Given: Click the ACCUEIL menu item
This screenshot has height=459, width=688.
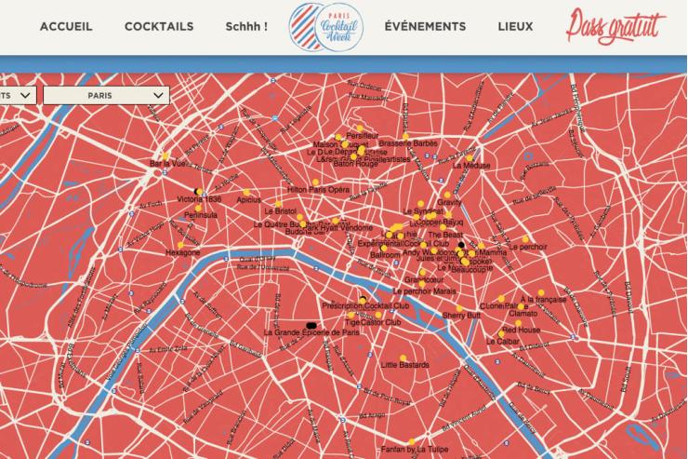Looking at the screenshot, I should coord(66,26).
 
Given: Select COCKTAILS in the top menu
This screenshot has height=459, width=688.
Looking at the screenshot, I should coord(159,26).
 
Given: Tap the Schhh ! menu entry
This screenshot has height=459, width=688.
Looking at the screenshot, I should coord(246,26).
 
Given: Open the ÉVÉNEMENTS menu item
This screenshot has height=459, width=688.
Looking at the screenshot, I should coord(425,26).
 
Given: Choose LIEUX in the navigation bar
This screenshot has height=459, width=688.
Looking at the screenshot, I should coord(516,26).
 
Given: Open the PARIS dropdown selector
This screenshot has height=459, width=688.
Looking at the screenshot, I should coord(106,95).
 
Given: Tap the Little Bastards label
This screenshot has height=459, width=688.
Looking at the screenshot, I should coord(405,365).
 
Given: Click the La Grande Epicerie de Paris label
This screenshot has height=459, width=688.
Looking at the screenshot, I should coord(311,332).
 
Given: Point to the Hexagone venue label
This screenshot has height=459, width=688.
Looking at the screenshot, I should coord(182,252).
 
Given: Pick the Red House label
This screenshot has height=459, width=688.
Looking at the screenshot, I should coord(521,331).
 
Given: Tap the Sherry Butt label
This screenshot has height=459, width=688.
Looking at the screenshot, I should coord(461,316).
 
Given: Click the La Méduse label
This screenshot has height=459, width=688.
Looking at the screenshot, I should coord(470,166).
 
